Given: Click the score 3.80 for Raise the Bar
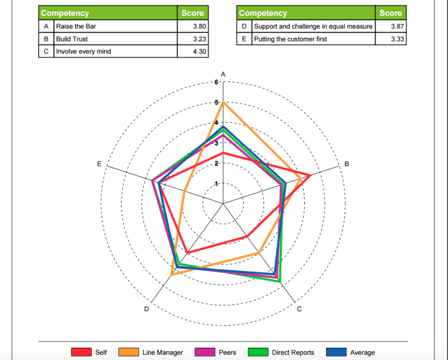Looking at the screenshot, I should click(199, 27).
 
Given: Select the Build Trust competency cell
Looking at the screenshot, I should click(72, 39).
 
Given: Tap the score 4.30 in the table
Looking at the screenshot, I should click(199, 51).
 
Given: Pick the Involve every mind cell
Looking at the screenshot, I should click(84, 51).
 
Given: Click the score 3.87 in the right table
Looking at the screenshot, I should click(397, 27).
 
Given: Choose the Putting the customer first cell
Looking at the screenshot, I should click(290, 39).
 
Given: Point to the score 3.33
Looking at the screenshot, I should click(397, 39).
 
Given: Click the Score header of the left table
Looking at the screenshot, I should click(193, 13).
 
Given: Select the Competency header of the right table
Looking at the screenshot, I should click(263, 13).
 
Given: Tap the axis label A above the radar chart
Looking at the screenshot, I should click(223, 74).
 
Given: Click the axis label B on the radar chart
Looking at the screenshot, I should click(346, 164).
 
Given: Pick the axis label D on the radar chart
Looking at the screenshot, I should click(147, 309).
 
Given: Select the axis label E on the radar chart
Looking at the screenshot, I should click(99, 164).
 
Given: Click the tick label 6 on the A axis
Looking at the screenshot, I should click(216, 82).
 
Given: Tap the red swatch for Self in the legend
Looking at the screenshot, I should click(81, 352).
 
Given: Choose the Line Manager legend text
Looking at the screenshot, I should click(162, 353).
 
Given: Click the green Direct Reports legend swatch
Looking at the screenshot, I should click(258, 352).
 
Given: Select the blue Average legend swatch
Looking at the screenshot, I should click(336, 352).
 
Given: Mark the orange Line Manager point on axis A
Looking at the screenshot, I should click(223, 102).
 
